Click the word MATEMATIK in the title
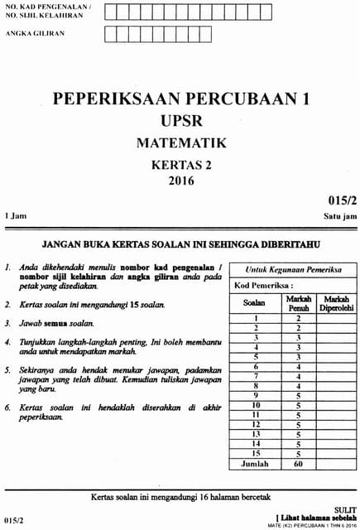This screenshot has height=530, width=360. pyautogui.click(x=180, y=143)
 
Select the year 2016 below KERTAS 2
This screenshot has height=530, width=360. pyautogui.click(x=180, y=181)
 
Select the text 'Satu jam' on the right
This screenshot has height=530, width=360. pyautogui.click(x=340, y=215)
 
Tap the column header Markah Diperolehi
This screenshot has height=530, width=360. pyautogui.click(x=337, y=303)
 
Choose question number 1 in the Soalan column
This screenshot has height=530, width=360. pyautogui.click(x=256, y=318)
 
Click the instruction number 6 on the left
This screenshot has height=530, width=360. pyautogui.click(x=7, y=407)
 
